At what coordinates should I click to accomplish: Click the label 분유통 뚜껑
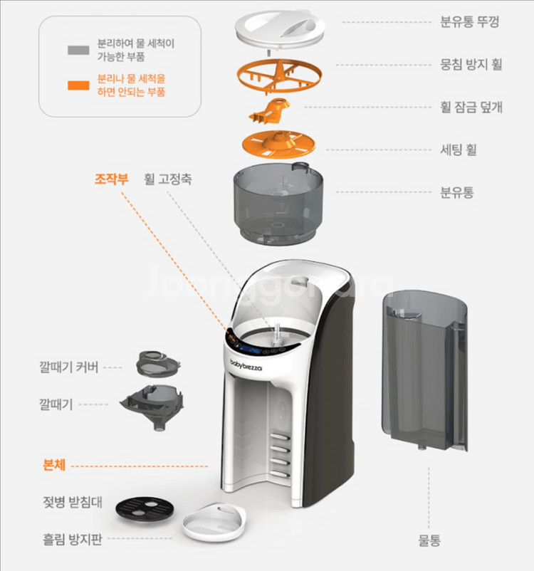tap(470, 21)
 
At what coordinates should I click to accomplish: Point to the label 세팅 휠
tap(459, 149)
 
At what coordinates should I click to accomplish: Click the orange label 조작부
tap(112, 179)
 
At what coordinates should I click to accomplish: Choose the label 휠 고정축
tap(167, 179)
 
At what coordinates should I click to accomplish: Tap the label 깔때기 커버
tap(69, 368)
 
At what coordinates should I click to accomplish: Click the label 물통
tap(429, 540)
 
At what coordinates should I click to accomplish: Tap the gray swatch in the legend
tap(78, 51)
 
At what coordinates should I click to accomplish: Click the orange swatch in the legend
tap(78, 85)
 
